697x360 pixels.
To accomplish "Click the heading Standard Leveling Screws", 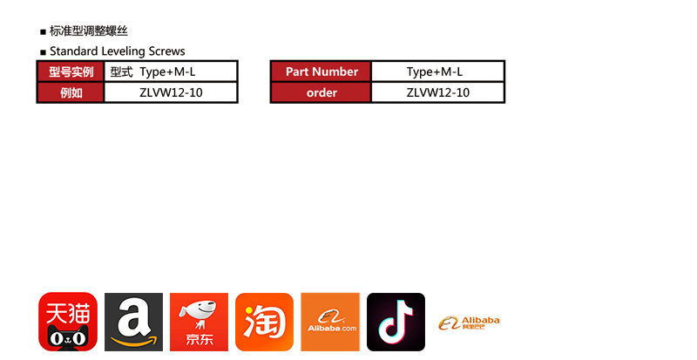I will click(x=117, y=51).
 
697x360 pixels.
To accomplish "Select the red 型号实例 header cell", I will click(x=71, y=72).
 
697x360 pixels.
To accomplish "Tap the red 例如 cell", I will click(x=71, y=92).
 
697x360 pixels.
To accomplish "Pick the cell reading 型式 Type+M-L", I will click(x=171, y=72).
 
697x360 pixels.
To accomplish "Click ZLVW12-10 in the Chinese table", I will click(x=171, y=92).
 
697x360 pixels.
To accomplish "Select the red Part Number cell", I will click(x=321, y=72).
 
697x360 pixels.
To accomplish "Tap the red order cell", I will click(x=321, y=92).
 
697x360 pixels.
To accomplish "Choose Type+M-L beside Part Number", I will click(x=437, y=72).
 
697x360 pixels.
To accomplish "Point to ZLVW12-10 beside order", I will click(x=437, y=92).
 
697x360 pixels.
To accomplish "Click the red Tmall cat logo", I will click(x=67, y=322).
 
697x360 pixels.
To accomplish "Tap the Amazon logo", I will click(x=133, y=322).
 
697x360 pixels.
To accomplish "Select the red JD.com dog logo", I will click(x=199, y=322).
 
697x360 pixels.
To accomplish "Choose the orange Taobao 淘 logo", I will click(x=264, y=322).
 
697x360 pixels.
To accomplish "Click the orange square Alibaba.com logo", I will click(x=330, y=322).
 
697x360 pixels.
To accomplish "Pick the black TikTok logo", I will click(x=396, y=322).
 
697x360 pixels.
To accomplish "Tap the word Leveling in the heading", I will click(x=122, y=51).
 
